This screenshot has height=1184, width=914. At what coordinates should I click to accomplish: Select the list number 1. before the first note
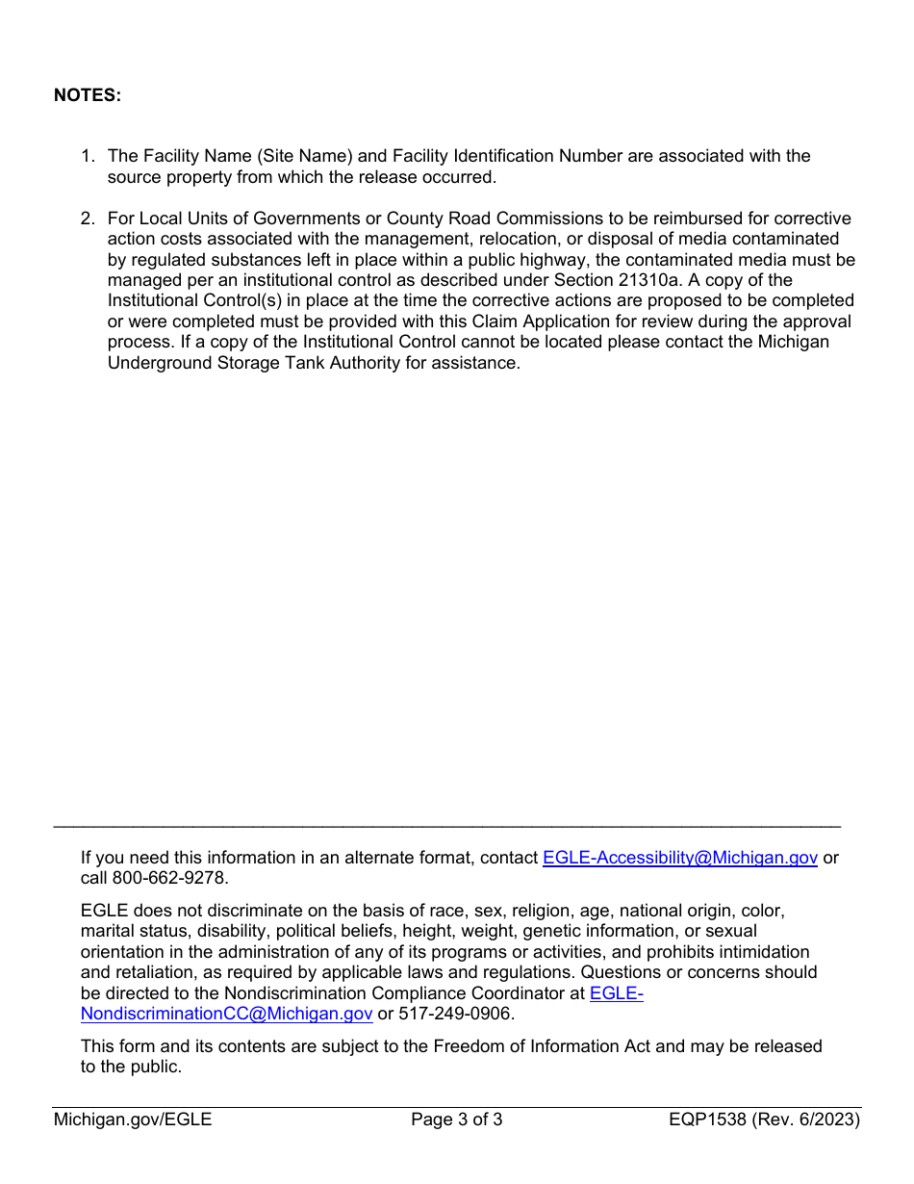88,156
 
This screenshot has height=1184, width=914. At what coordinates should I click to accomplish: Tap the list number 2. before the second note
88,219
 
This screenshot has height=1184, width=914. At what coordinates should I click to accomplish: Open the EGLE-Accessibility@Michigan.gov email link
680,858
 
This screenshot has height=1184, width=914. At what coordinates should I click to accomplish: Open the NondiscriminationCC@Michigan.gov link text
226,1014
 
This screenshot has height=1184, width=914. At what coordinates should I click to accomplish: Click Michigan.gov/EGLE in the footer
133,1120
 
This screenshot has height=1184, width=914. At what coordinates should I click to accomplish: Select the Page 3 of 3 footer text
457,1120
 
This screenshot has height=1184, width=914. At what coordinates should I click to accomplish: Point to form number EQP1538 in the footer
708,1120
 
